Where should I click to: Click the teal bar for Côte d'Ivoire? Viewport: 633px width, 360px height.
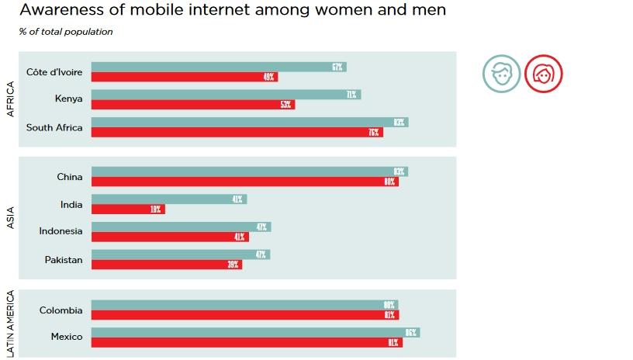(x=218, y=67)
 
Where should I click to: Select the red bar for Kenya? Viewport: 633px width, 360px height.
(x=193, y=105)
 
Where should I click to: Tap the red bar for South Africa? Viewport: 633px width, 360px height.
(x=237, y=133)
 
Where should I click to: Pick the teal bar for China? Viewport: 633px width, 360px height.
(x=249, y=171)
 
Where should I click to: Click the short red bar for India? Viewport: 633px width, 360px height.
(x=128, y=209)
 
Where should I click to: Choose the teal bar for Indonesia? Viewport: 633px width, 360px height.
(x=181, y=227)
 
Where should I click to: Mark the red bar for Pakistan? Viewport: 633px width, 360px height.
(x=167, y=265)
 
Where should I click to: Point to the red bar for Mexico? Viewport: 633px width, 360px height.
(x=247, y=342)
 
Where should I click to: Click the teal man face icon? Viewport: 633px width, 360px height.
(x=501, y=74)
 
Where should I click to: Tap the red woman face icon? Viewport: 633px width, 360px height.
(x=543, y=74)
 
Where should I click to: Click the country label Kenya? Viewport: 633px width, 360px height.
(x=68, y=99)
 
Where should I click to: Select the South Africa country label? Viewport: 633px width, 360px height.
(x=54, y=127)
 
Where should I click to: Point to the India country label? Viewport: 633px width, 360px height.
(x=71, y=204)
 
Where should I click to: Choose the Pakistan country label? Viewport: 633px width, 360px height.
(x=64, y=260)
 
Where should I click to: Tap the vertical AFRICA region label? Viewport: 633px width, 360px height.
(x=11, y=99)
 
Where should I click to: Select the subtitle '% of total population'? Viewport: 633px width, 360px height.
(x=66, y=32)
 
